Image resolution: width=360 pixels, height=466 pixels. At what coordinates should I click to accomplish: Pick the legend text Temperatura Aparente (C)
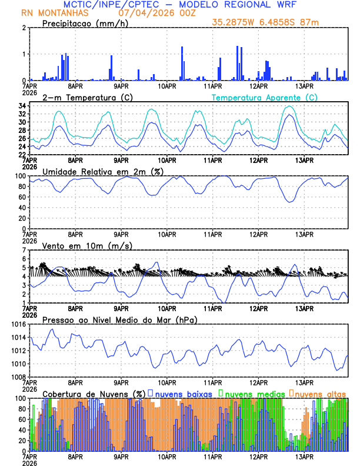click(x=265, y=97)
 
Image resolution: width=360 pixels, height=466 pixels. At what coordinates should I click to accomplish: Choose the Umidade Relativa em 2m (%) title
click(x=103, y=171)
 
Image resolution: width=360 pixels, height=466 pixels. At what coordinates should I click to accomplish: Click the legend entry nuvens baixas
click(x=182, y=394)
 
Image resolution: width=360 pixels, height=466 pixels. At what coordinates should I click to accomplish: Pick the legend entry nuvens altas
click(x=320, y=394)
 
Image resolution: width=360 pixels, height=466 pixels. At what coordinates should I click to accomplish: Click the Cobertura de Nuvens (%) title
click(x=94, y=394)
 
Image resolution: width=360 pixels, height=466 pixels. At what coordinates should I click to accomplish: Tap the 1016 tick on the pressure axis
click(x=18, y=325)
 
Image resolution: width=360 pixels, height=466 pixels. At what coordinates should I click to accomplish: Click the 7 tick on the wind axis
click(x=24, y=250)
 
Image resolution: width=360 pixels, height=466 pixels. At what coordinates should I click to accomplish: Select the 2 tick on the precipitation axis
click(x=24, y=28)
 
